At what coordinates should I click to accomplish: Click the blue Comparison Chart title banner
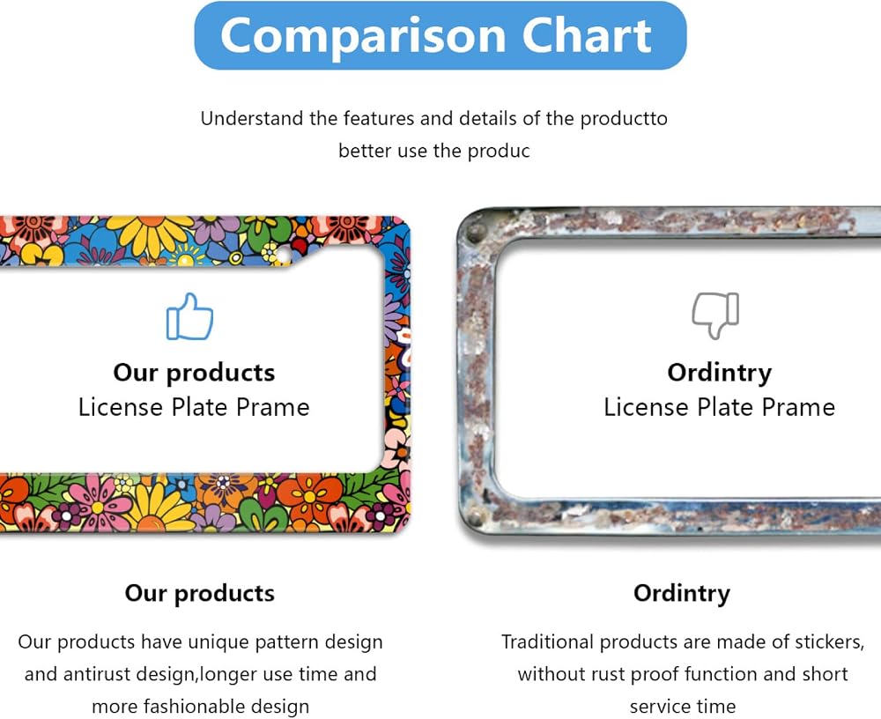pyautogui.click(x=440, y=35)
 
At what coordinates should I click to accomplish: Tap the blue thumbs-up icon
pyautogui.click(x=189, y=316)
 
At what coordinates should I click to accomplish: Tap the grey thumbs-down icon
pyautogui.click(x=715, y=315)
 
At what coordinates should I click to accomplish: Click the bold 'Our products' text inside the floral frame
pyautogui.click(x=194, y=374)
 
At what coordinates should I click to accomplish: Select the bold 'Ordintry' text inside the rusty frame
pyautogui.click(x=720, y=374)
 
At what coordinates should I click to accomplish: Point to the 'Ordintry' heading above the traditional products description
pyautogui.click(x=682, y=594)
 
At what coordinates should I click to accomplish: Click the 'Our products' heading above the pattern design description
pyautogui.click(x=199, y=594)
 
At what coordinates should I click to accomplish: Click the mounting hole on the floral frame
pyautogui.click(x=283, y=256)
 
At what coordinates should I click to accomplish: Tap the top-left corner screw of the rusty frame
pyautogui.click(x=477, y=231)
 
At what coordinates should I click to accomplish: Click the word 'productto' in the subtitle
pyautogui.click(x=624, y=119)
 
